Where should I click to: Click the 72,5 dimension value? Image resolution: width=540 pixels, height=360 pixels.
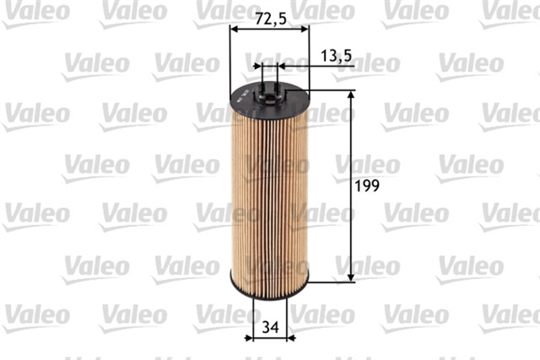tap(270, 16)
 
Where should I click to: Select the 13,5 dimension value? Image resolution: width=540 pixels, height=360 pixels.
tap(337, 56)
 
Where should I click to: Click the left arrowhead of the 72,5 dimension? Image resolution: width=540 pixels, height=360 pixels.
tap(235, 28)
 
